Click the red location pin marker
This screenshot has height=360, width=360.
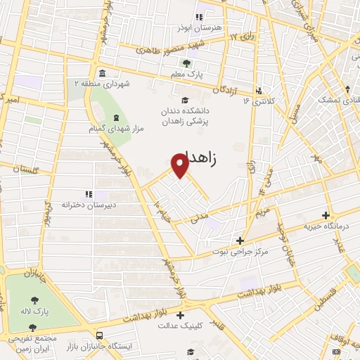coord(181,165)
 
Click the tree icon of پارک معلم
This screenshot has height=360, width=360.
coord(186,63)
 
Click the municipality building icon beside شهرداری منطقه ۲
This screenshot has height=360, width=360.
coord(103,73)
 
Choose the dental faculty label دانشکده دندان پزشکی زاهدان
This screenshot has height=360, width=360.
coord(186,115)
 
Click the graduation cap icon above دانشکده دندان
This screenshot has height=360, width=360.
coord(185,99)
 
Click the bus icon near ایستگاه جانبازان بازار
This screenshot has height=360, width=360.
coord(99,335)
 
